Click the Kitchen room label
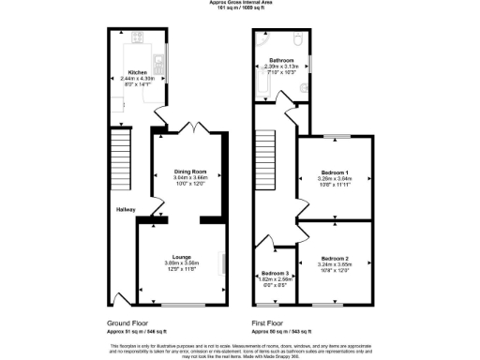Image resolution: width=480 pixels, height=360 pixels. pos(138,71)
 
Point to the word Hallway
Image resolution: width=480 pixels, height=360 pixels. pos(127,209)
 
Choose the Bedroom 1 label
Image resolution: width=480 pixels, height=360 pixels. pos(335,172)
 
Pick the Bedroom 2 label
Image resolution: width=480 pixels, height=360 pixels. pos(335,258)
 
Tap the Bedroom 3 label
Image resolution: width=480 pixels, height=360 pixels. pos(276,273)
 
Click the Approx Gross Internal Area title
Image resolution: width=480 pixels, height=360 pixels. pos(239,3)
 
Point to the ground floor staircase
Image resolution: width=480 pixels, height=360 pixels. pos(119,155)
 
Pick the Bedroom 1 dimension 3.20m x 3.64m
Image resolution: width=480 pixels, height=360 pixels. pos(335,179)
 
